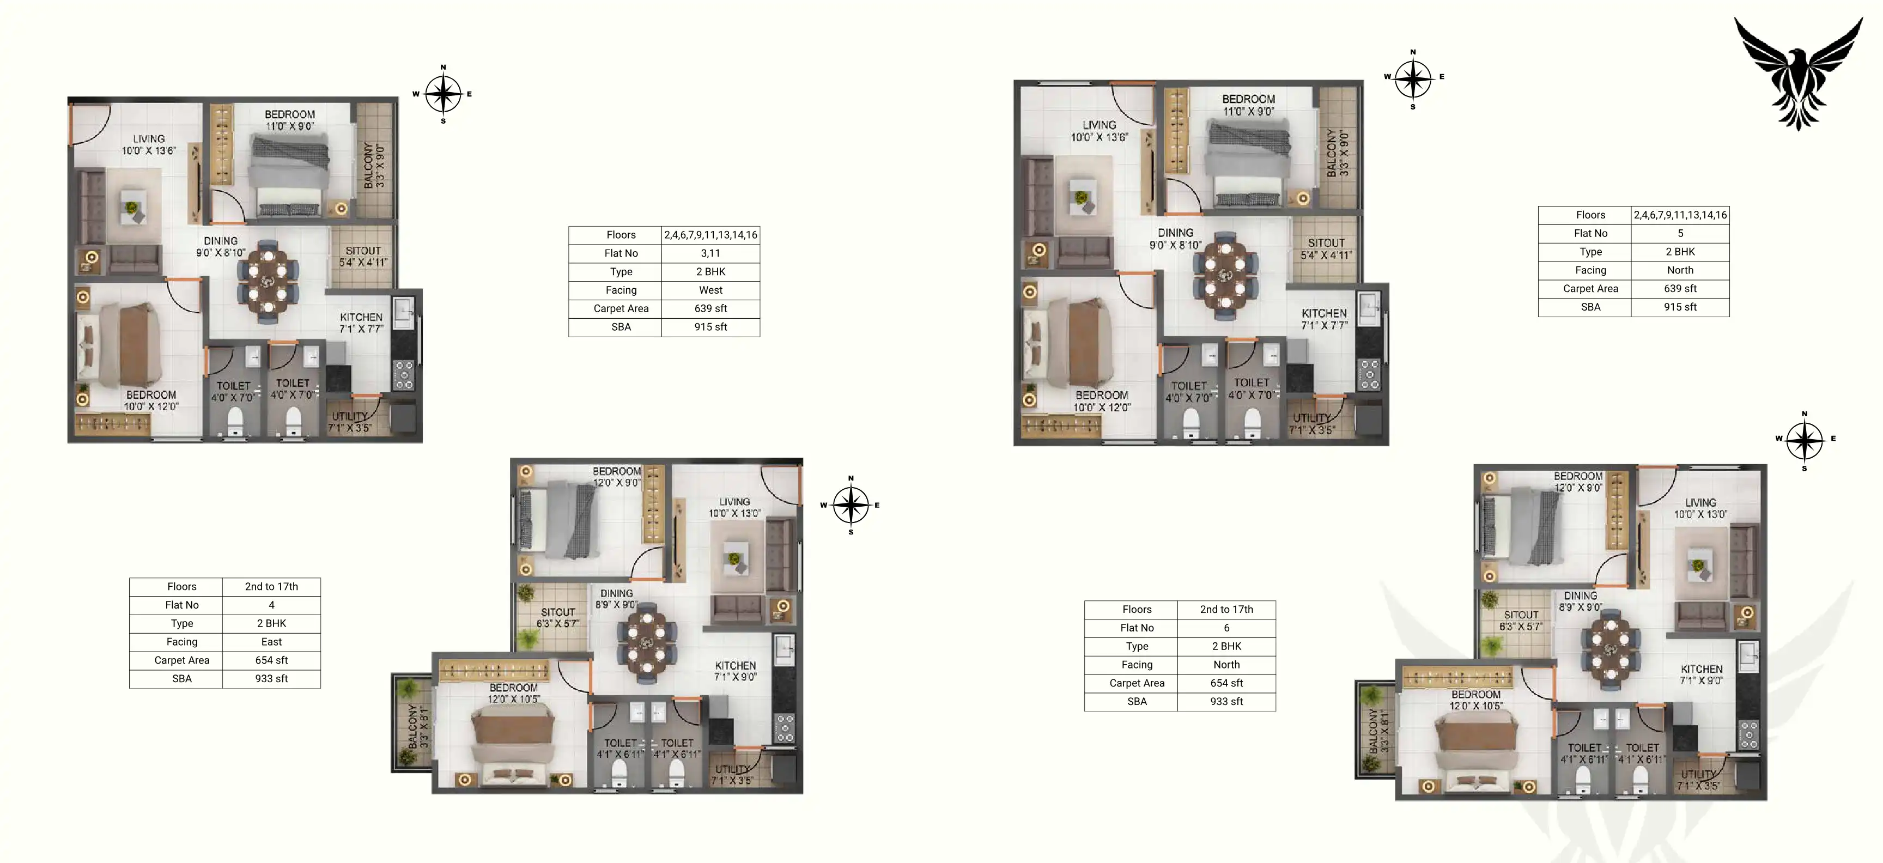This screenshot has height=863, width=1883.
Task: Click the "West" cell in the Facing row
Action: point(710,290)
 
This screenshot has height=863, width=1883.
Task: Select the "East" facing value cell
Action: point(271,642)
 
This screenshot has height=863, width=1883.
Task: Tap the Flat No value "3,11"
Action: point(710,253)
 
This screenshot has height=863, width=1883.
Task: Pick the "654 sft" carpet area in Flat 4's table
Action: point(271,660)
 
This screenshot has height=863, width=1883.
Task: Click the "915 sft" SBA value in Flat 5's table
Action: point(1680,307)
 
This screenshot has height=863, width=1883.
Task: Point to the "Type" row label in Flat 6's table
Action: point(1138,646)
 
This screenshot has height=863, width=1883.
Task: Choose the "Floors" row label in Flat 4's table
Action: point(182,587)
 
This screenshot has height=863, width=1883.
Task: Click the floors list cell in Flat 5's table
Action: point(1680,215)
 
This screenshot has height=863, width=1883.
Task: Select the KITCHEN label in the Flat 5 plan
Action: point(1324,319)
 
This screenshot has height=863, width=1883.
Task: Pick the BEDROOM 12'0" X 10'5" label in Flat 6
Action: point(1476,700)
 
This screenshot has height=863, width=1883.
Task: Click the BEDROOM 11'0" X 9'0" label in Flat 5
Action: point(1248,105)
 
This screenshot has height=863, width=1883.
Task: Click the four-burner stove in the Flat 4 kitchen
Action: point(785,728)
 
